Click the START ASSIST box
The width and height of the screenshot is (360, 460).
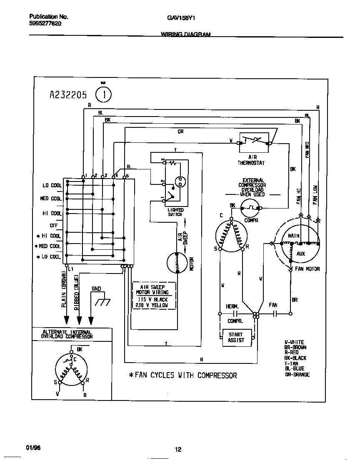click(235, 338)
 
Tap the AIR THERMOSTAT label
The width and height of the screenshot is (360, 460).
click(251, 160)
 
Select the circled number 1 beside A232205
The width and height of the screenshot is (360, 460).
click(103, 94)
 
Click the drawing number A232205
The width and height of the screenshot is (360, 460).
click(68, 95)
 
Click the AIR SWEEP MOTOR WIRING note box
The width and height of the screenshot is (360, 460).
click(154, 296)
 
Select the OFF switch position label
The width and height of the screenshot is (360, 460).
click(54, 225)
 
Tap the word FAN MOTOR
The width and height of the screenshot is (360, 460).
click(307, 269)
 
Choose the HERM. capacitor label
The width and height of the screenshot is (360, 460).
click(232, 306)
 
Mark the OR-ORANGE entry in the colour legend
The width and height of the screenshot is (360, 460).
click(297, 374)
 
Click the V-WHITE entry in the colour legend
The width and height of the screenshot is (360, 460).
click(294, 342)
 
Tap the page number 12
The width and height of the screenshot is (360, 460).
click(178, 449)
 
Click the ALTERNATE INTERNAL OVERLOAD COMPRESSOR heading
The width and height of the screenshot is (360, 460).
click(67, 334)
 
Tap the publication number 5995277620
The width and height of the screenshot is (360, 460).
click(45, 24)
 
